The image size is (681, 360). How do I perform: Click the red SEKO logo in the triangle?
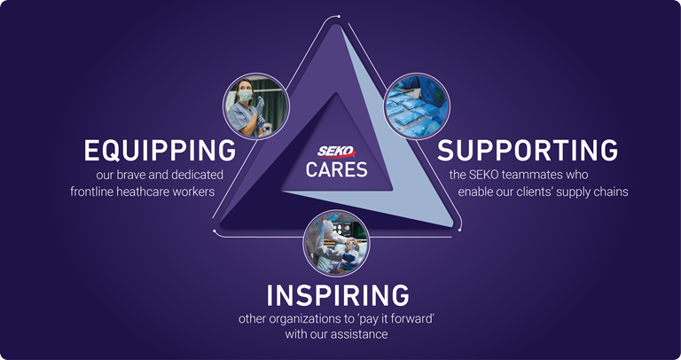pyautogui.click(x=336, y=152)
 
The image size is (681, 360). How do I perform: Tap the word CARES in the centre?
pyautogui.click(x=337, y=169)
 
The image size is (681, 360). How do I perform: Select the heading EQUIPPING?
pyautogui.click(x=160, y=151)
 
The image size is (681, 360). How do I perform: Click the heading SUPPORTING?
pyautogui.click(x=528, y=151)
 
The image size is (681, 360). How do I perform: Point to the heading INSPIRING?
pyautogui.click(x=338, y=295)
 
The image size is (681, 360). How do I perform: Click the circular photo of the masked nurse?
pyautogui.click(x=255, y=106)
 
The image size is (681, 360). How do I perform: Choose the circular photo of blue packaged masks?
pyautogui.click(x=417, y=106)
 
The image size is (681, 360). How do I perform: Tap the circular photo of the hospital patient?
pyautogui.click(x=336, y=243)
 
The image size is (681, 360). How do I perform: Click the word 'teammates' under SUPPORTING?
pyautogui.click(x=526, y=175)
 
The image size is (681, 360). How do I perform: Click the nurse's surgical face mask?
pyautogui.click(x=246, y=95)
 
